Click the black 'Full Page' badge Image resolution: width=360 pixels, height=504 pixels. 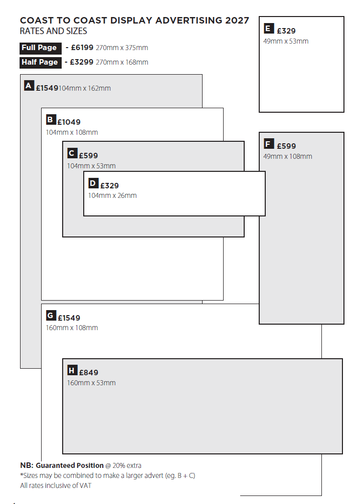(x=41, y=48)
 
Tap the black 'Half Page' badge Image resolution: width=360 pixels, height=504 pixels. (x=41, y=62)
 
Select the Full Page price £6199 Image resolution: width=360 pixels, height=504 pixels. (x=82, y=48)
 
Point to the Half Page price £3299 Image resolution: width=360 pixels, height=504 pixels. (x=81, y=62)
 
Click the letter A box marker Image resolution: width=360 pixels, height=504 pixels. (x=29, y=86)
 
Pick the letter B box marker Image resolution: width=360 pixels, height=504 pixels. (x=51, y=120)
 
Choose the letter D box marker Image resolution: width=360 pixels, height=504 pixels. (x=93, y=183)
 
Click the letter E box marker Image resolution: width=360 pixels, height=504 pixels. (x=269, y=28)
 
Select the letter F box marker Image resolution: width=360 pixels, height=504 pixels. (x=269, y=143)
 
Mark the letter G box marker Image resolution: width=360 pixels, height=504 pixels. (x=51, y=315)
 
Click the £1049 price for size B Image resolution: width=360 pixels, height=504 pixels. (x=69, y=122)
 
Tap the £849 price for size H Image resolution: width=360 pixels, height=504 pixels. (x=88, y=373)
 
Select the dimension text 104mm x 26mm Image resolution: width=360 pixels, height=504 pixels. (x=112, y=195)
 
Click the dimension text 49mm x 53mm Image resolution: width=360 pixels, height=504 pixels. (x=286, y=41)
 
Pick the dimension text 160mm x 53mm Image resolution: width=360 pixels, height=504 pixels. (x=91, y=383)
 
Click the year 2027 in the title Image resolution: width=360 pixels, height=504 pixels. (x=237, y=20)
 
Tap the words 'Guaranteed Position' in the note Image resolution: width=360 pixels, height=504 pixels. (x=70, y=465)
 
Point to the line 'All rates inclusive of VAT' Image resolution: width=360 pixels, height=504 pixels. (x=56, y=485)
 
